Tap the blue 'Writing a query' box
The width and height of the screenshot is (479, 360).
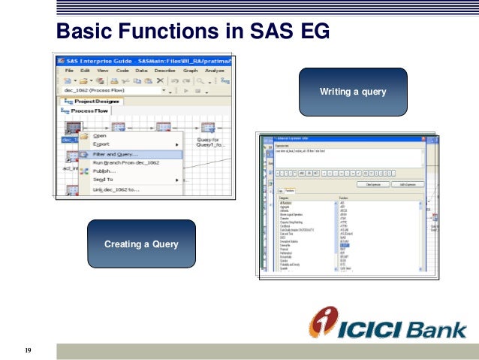(x=353, y=92)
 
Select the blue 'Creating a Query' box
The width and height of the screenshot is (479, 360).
(x=141, y=244)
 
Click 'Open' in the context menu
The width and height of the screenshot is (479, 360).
(x=100, y=136)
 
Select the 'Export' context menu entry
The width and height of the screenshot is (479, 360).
(x=101, y=144)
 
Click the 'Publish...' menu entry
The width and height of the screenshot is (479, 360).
(x=106, y=171)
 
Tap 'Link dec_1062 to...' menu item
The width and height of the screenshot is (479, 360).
(x=118, y=189)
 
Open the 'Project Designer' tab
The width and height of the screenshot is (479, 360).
(x=97, y=101)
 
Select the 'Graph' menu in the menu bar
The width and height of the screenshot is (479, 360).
(x=190, y=70)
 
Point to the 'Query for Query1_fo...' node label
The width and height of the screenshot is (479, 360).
(x=208, y=142)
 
